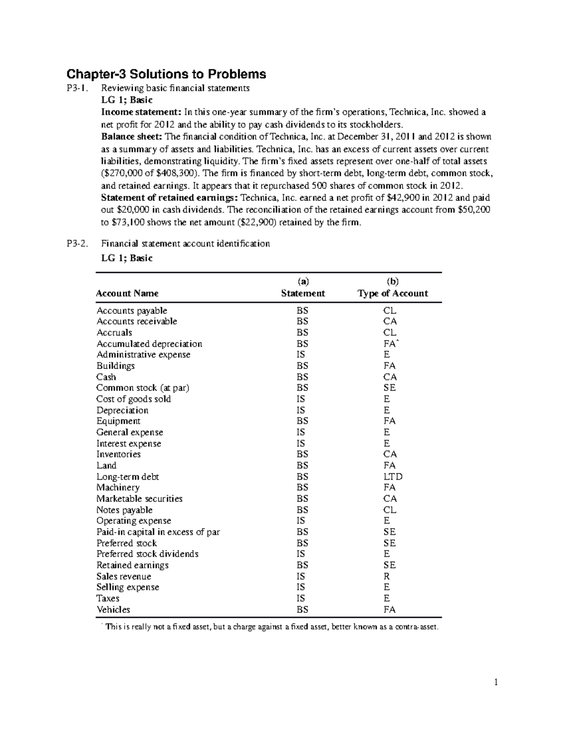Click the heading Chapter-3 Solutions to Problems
[166, 74]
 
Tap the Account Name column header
[127, 294]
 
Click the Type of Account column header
[392, 294]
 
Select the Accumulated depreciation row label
[149, 344]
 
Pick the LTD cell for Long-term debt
[393, 477]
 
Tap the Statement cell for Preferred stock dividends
[301, 554]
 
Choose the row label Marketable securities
[139, 499]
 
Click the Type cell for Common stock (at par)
[389, 388]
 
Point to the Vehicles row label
[113, 610]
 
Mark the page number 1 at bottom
[496, 683]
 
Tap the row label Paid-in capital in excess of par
[158, 532]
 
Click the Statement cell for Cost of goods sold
[301, 399]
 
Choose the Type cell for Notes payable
[390, 510]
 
